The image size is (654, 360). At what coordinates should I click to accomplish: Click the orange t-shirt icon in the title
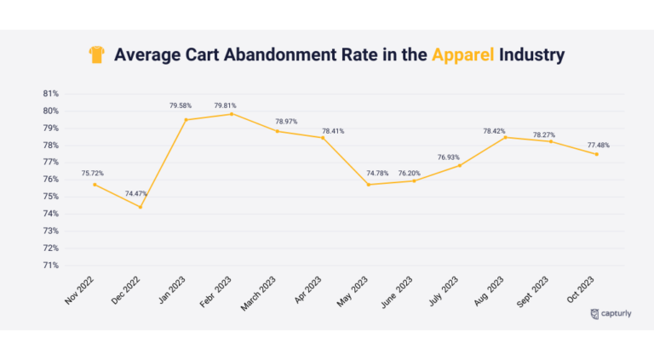pyautogui.click(x=96, y=55)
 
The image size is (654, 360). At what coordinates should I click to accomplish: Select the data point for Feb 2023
pyautogui.click(x=232, y=113)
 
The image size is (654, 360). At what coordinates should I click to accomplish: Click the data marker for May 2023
pyautogui.click(x=368, y=185)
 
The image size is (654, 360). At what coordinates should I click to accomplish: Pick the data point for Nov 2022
pyautogui.click(x=95, y=185)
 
